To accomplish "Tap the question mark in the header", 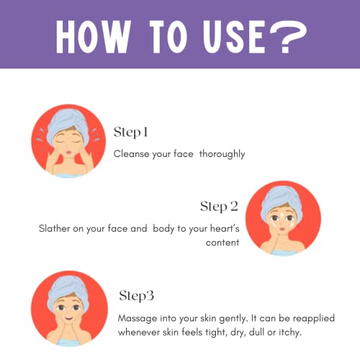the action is click(x=288, y=37).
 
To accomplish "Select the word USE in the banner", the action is click(x=234, y=37).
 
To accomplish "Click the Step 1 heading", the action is click(x=130, y=132).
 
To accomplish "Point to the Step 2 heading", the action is click(x=219, y=207).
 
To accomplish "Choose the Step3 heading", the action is click(x=136, y=296).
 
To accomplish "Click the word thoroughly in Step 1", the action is click(x=222, y=154).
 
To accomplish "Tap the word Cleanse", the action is click(x=131, y=154).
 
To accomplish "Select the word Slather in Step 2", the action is click(x=54, y=228).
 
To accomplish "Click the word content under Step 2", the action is click(x=222, y=243).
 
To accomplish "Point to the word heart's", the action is click(x=225, y=228).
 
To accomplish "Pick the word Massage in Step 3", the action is click(x=138, y=319).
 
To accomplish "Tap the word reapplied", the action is click(x=314, y=319).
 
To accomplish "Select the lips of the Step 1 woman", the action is click(x=68, y=152).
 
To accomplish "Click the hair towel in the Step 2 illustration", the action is click(x=280, y=201).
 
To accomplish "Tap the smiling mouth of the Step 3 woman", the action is click(x=68, y=319).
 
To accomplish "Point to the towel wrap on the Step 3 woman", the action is click(x=68, y=291).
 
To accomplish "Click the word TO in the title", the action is click(x=168, y=37).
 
